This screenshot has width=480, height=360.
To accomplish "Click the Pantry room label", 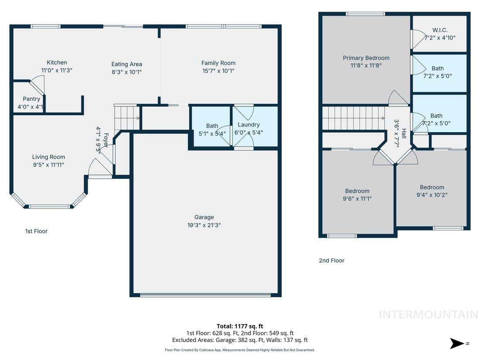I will (31, 99).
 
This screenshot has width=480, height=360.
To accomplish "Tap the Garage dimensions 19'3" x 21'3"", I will (204, 225).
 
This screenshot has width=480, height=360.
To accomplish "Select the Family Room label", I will (218, 63).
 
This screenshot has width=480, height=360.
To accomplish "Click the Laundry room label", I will (249, 125).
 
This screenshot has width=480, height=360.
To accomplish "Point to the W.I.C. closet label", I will (440, 30).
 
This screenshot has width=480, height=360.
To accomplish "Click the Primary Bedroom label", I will (366, 58).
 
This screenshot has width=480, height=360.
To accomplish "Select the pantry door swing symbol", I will (38, 86).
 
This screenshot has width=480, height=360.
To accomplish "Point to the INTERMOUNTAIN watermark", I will (428, 314).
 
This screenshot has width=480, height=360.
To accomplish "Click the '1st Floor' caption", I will (36, 231).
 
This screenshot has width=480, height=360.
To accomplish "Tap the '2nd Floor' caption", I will (332, 261).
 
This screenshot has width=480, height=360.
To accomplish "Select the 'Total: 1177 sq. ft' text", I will (240, 326).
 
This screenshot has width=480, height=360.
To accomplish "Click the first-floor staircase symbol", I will (127, 117).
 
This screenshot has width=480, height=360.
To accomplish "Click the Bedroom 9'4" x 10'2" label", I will (432, 187).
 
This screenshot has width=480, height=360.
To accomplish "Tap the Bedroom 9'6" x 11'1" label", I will (357, 191).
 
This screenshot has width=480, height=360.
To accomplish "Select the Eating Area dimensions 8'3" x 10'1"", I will (127, 72).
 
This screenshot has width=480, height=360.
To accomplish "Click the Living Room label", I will (48, 157).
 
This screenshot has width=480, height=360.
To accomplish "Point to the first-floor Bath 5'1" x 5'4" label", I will (212, 126).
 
